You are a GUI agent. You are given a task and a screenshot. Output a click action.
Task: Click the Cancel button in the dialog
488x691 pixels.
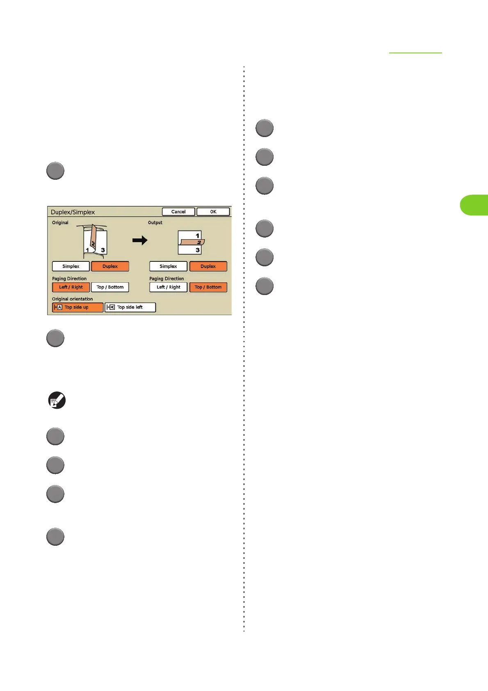point(178,212)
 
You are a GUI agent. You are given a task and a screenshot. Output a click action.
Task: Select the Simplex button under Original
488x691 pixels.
point(71,266)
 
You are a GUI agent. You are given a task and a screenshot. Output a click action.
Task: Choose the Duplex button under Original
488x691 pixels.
point(110,266)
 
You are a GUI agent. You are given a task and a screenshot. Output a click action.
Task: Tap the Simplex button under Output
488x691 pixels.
point(168,266)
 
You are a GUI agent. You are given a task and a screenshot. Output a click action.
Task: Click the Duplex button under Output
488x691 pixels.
point(208,266)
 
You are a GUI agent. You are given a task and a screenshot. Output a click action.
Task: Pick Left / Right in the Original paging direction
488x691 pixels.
point(71,287)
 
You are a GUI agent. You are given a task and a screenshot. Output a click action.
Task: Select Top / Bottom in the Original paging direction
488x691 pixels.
point(110,287)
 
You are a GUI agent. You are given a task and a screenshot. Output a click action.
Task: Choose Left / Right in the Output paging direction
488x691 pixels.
point(168,287)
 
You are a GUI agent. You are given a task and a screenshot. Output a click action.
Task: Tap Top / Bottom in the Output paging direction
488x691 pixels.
point(208,287)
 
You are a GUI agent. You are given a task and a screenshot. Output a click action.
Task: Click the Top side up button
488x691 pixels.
point(78,307)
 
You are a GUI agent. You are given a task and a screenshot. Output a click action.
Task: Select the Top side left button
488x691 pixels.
point(130,307)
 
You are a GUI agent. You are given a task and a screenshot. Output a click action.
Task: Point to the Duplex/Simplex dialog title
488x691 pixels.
point(73,212)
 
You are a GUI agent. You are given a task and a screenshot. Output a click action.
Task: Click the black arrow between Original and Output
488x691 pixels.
point(140,240)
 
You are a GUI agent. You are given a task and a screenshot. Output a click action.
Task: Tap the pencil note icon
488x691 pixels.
point(57,400)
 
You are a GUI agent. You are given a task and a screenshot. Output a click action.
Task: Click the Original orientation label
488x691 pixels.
point(72,299)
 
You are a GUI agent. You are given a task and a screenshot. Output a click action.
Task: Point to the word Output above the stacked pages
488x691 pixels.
point(155,223)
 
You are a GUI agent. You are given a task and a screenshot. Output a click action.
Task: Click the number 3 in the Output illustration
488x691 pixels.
point(198,250)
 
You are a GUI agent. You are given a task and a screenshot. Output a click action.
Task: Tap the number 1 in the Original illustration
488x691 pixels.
point(87,250)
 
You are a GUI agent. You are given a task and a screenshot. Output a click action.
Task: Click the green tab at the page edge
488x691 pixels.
point(474,205)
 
